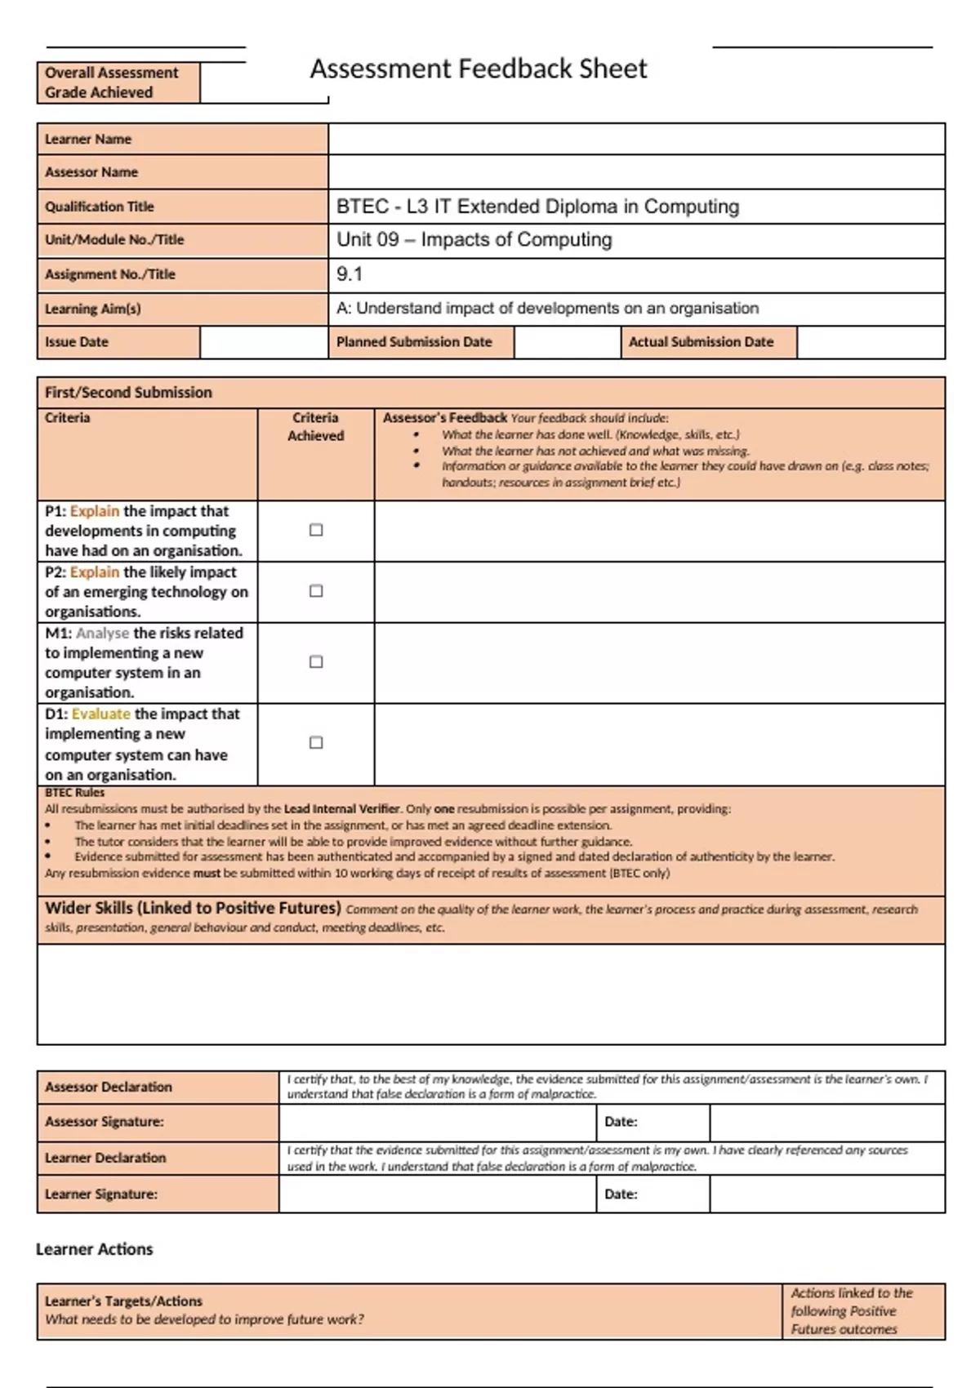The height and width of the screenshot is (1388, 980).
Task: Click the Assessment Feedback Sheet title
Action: pos(478,69)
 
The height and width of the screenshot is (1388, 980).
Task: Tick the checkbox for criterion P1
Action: pos(316,530)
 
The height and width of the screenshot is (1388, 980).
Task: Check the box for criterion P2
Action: pos(316,590)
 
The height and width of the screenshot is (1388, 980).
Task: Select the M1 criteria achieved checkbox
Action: pos(316,661)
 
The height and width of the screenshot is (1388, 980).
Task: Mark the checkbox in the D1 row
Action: pos(316,742)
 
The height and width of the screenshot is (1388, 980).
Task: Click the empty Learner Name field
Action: pos(636,139)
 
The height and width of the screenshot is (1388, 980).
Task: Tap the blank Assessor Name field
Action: pos(636,172)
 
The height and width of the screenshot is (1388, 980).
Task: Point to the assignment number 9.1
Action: pos(350,274)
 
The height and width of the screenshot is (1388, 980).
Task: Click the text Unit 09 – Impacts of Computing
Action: pos(474,240)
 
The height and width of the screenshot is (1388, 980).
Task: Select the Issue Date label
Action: pos(77,342)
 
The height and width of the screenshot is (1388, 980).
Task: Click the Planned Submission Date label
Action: pos(414,342)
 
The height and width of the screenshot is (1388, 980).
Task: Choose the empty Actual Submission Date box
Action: pos(871,342)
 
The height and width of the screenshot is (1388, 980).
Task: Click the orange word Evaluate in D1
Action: pos(101,714)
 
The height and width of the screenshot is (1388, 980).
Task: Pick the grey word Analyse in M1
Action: pos(103,633)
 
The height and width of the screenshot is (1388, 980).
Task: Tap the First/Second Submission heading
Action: pos(128,393)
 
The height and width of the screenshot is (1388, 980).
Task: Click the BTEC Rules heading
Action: pos(74,792)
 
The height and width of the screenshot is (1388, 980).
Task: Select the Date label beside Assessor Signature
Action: pos(621,1122)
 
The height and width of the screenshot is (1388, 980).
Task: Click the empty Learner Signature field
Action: pos(437,1194)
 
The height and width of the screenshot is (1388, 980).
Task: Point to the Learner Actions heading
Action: pos(95,1249)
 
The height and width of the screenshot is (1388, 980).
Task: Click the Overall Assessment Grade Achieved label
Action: pos(111,82)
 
